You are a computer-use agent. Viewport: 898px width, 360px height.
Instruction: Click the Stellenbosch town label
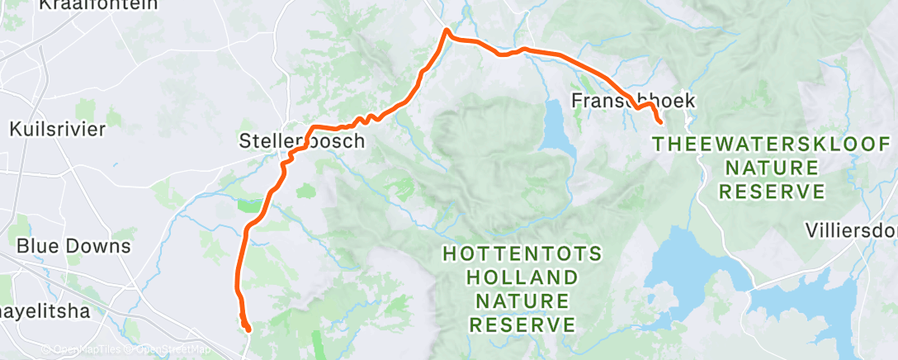301,141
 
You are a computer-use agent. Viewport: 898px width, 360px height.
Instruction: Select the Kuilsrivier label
58,129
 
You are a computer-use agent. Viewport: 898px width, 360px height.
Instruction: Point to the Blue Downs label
73,246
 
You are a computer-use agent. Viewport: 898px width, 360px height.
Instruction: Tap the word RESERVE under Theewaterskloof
771,192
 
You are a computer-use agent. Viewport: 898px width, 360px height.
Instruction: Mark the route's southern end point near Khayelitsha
248,329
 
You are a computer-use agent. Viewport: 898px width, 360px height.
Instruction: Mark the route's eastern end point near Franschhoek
659,122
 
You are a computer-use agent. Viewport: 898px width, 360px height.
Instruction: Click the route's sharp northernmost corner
447,31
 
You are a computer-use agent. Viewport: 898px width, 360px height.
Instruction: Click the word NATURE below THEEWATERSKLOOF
771,168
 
